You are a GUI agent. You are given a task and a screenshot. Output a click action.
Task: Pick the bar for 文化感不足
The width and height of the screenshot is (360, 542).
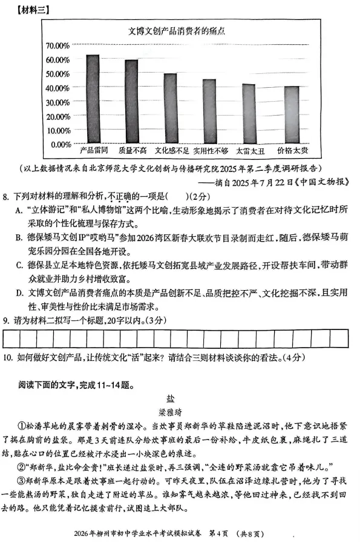click(170, 108)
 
